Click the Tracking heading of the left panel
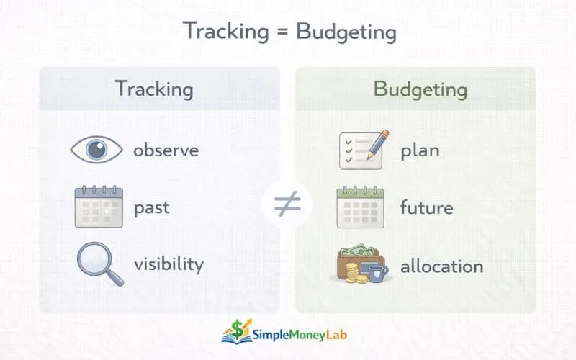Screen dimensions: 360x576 tap(154, 89)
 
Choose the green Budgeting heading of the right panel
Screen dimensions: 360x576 tap(420, 89)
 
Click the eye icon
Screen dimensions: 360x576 tap(97, 150)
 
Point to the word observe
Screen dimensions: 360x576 tap(166, 150)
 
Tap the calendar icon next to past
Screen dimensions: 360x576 tap(99, 207)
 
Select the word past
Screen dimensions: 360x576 tap(151, 208)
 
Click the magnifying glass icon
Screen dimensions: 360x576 tap(97, 264)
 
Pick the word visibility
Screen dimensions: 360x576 tap(168, 264)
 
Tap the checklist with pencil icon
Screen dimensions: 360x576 tap(363, 149)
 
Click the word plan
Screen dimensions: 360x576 tap(420, 150)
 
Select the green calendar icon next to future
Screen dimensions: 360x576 tap(361, 207)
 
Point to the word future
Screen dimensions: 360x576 tap(426, 208)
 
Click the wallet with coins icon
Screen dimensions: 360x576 tap(361, 265)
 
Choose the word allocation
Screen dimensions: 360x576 tap(441, 266)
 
